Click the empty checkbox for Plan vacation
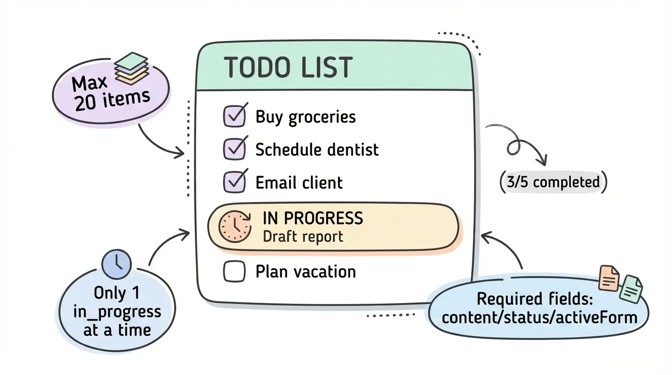click(x=234, y=271)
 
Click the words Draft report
click(x=303, y=236)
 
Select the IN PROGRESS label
click(x=313, y=218)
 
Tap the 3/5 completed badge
click(x=552, y=182)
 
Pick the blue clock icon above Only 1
click(x=116, y=264)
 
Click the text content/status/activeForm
click(x=539, y=317)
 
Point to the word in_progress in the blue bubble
click(x=117, y=312)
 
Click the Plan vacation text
click(x=306, y=271)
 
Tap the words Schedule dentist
click(x=317, y=149)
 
